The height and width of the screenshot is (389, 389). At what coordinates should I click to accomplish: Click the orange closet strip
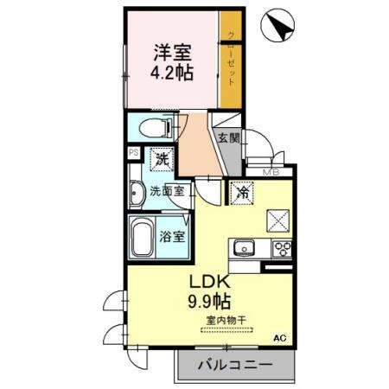230,61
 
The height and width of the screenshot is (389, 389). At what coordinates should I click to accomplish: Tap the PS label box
133,153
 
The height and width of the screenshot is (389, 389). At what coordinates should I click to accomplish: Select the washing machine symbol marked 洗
162,159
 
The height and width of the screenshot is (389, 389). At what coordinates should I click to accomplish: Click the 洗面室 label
166,191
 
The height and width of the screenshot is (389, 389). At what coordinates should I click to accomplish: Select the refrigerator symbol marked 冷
244,194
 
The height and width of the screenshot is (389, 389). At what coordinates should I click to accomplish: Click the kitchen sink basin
245,249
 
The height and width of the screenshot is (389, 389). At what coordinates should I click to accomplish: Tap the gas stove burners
282,249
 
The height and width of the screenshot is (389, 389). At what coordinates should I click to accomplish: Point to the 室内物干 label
226,322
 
